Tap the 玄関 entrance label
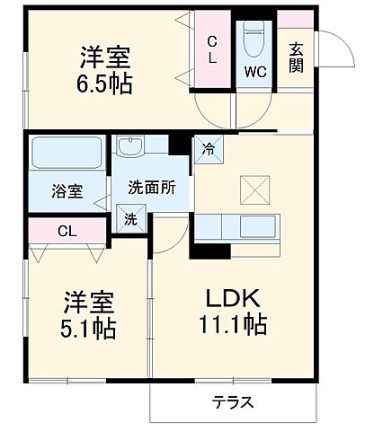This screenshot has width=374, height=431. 296,57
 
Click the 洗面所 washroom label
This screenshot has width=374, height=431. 144,189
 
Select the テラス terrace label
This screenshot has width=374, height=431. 232,402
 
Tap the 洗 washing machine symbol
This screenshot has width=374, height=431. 129,216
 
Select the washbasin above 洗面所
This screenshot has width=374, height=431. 132,146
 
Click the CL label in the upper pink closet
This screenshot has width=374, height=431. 212,50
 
